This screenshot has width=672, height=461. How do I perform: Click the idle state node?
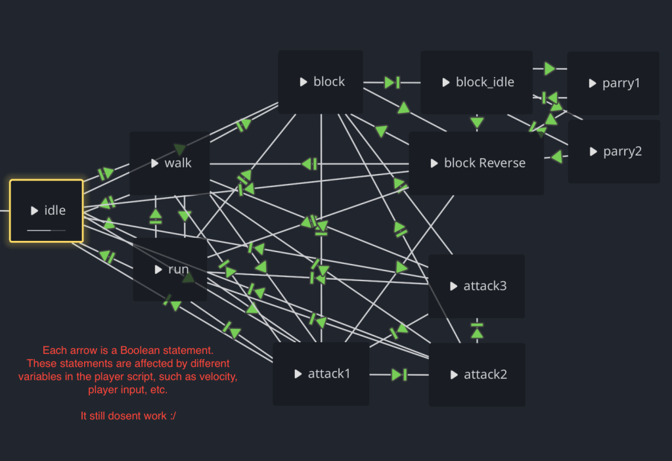(47, 211)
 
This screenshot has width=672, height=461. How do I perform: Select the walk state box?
(169, 163)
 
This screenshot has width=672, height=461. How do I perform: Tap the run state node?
(170, 269)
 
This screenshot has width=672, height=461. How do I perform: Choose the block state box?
(321, 81)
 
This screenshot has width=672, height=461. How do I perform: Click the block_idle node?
(476, 82)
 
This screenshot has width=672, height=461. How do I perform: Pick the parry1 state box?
(613, 83)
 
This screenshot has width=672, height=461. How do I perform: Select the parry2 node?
(614, 152)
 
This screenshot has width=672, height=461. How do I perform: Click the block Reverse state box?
(476, 163)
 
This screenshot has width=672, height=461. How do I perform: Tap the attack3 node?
(476, 286)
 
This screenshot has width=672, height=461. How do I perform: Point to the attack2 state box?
(477, 375)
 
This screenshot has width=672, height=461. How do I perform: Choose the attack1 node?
(321, 374)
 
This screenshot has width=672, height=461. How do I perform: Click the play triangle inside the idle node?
(34, 211)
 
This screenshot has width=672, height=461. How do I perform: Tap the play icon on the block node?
(303, 82)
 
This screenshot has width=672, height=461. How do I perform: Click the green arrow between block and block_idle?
(392, 82)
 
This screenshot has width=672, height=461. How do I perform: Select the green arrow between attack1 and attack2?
(399, 374)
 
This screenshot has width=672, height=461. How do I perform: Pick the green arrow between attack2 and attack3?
(478, 330)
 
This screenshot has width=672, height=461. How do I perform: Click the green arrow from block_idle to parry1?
(550, 68)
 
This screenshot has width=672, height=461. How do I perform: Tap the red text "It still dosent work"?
(123, 416)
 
